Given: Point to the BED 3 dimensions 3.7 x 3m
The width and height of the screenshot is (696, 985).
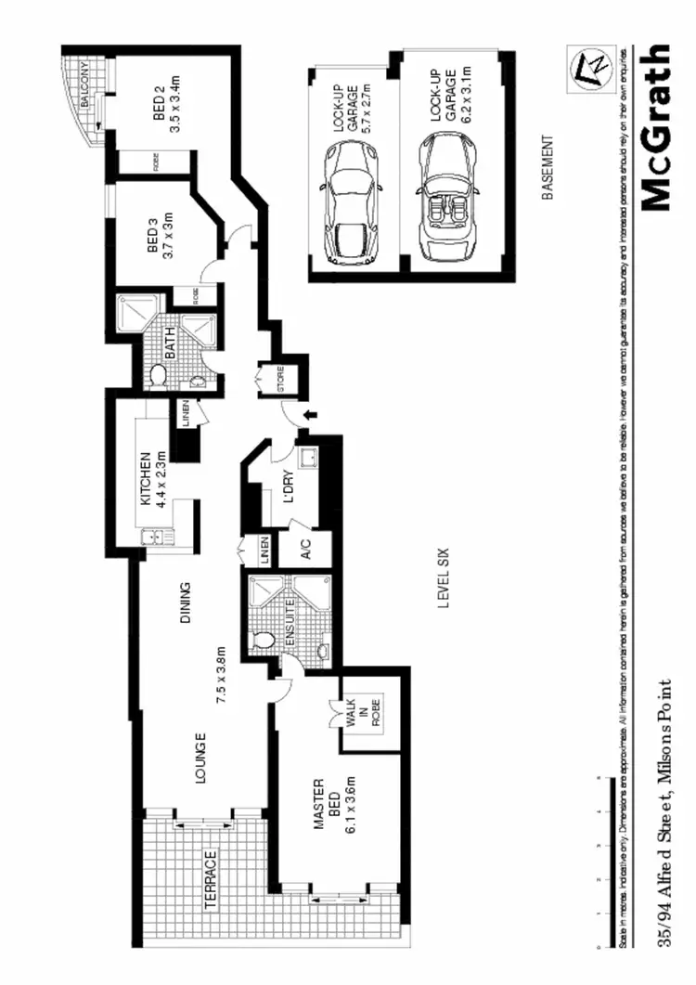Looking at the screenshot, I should (x=169, y=236).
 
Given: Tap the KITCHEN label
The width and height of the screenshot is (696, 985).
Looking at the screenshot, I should (x=146, y=478).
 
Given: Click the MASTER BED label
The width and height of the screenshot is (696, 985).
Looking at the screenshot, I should (x=321, y=805).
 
